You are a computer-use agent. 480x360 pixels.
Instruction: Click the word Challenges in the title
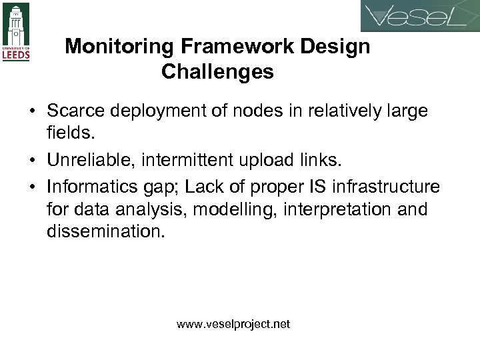pos(217,72)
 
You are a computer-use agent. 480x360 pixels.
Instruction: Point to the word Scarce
pos(75,111)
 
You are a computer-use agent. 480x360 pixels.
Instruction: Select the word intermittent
pos(187,159)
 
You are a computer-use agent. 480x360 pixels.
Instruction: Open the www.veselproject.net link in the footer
pos(233,325)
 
